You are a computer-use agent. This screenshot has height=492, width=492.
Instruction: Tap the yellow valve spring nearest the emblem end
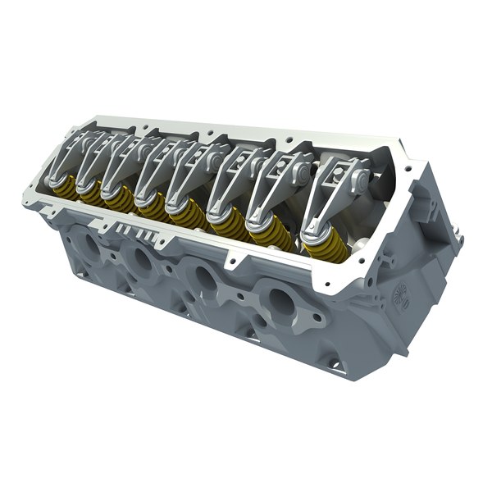point(315,239)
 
